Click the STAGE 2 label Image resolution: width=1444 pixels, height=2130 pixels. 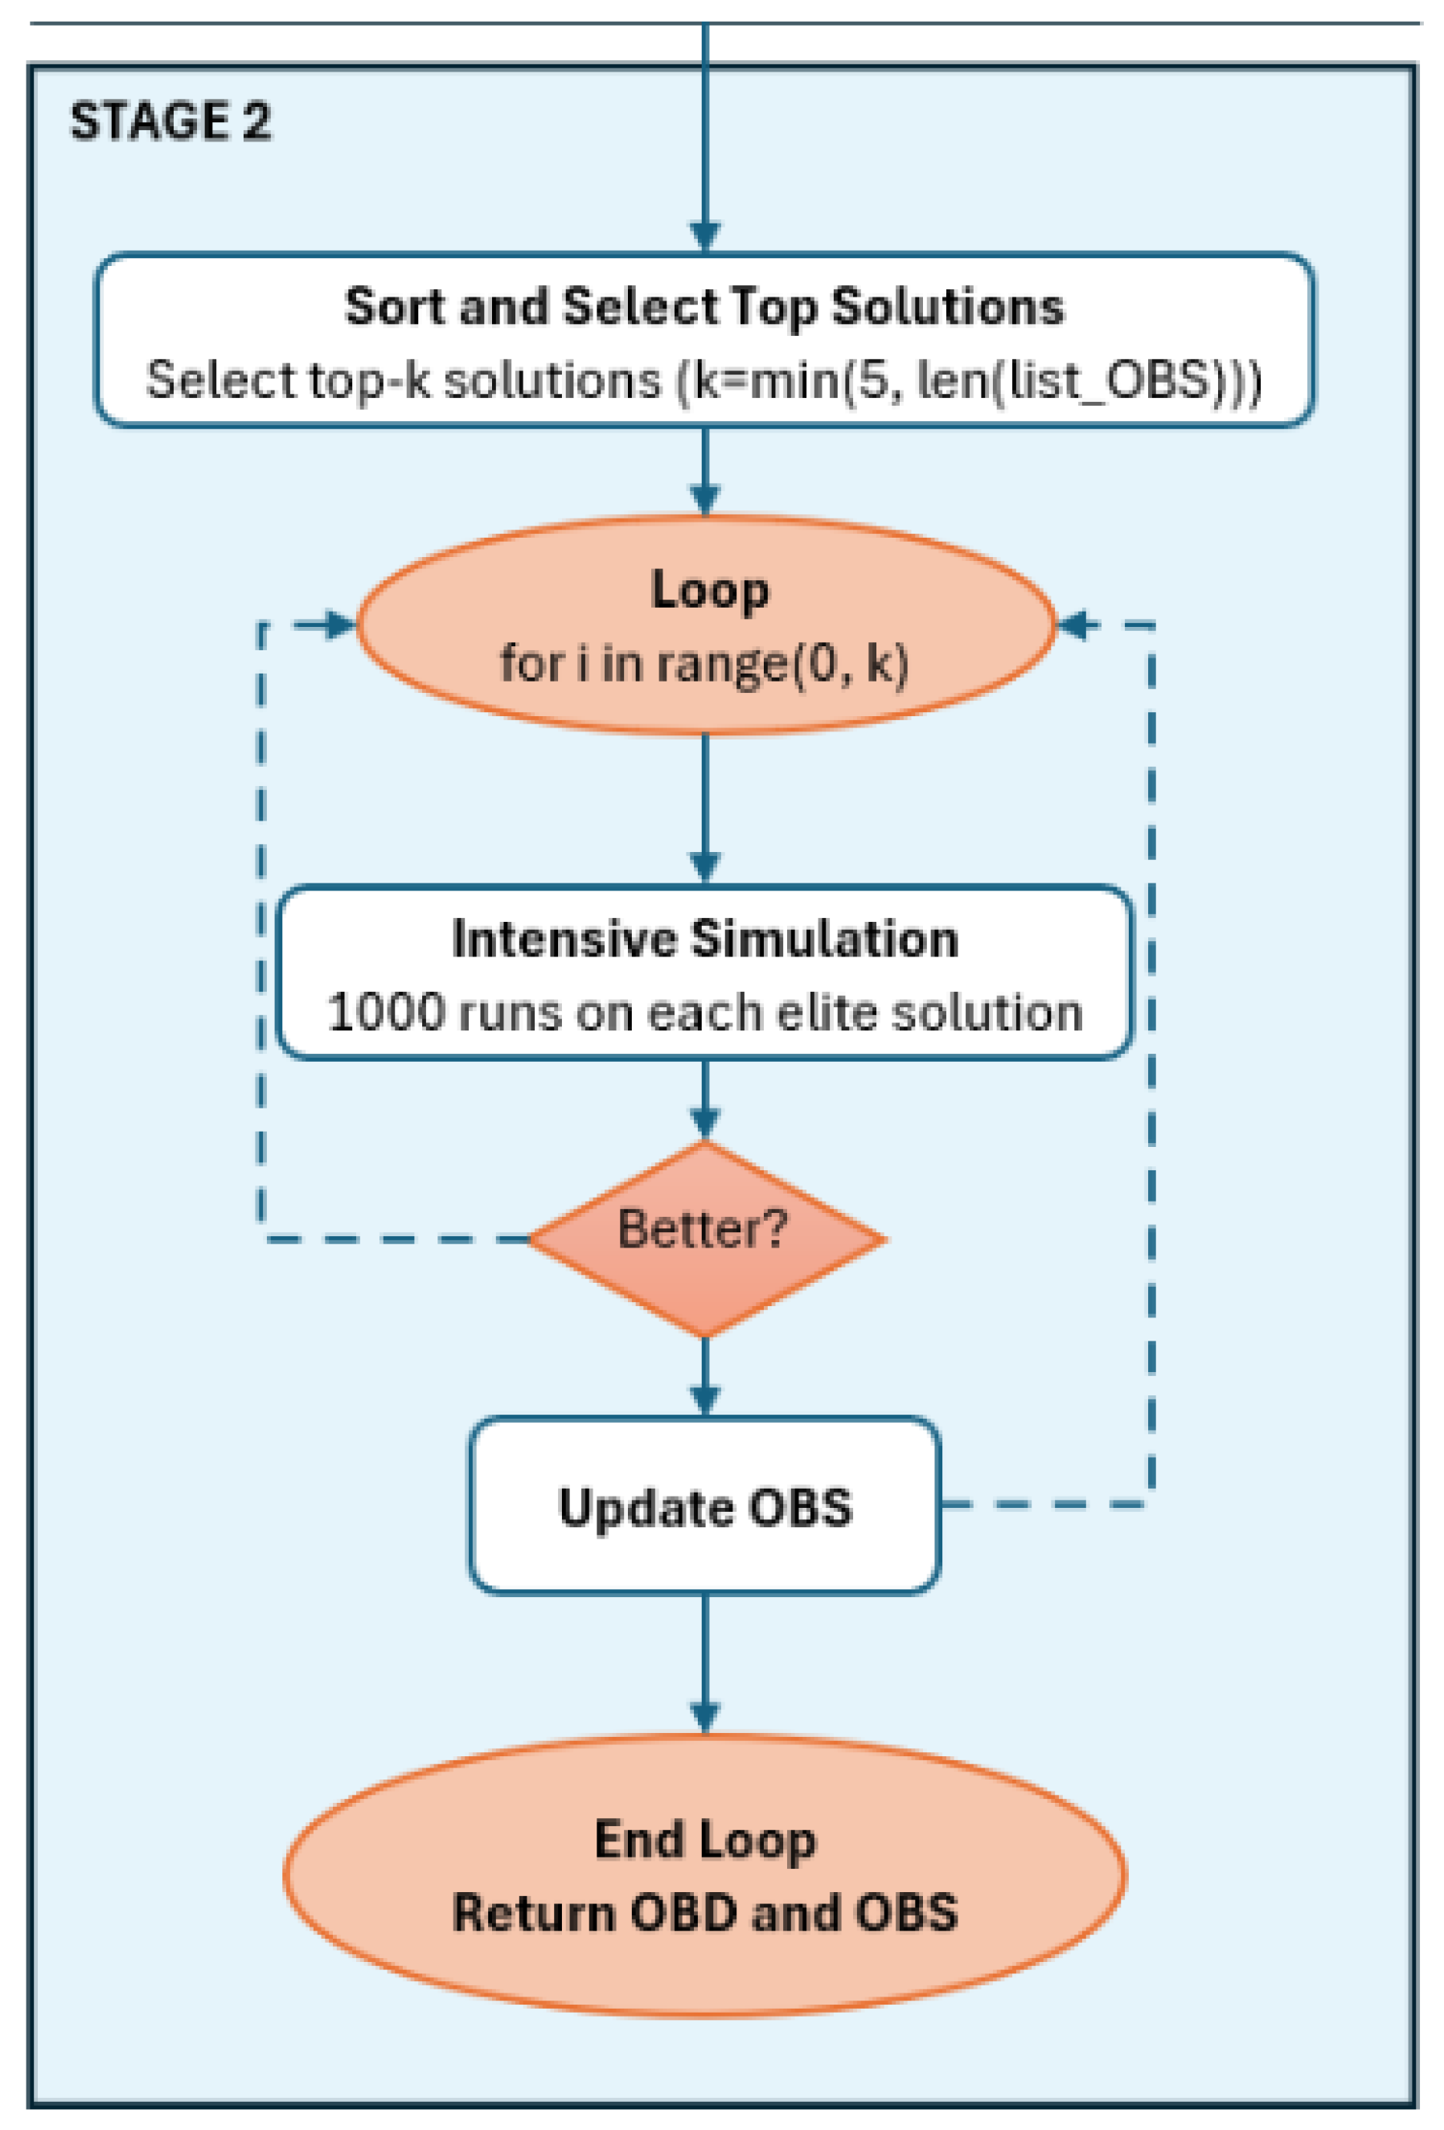tap(170, 122)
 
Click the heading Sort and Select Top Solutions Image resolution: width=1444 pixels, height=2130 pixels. tap(704, 306)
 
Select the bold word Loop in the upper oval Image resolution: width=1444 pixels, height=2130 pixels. tap(708, 590)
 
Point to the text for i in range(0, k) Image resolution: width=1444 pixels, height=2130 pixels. tap(704, 662)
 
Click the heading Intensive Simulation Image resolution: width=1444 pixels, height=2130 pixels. tap(704, 940)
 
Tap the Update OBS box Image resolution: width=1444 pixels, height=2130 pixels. tap(704, 1508)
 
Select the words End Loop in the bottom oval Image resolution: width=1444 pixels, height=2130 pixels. tap(704, 1838)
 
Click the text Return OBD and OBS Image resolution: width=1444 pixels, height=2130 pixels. tap(704, 1913)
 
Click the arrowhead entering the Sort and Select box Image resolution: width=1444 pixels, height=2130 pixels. tap(704, 236)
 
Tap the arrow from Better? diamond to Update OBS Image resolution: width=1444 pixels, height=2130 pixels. tap(704, 1374)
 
